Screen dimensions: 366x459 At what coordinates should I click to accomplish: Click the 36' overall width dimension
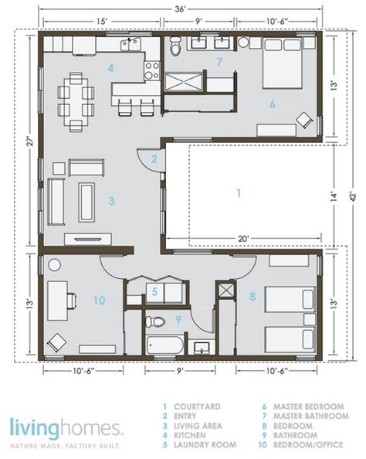coord(181,9)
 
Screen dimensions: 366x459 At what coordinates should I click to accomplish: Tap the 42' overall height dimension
coord(353,196)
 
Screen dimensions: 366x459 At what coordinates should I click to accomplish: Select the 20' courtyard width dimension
coord(242,239)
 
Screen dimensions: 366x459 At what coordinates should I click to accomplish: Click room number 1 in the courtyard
coord(239,193)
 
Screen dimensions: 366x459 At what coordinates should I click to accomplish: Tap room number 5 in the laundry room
coord(154,291)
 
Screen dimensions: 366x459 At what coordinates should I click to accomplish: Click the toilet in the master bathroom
coord(175,46)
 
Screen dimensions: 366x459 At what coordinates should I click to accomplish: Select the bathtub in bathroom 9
coord(164,345)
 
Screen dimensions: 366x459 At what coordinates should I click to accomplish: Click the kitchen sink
coord(130,45)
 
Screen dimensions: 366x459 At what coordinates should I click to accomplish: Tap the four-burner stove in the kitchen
coord(152,71)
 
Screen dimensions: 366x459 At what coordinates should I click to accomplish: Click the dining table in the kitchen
coord(76,101)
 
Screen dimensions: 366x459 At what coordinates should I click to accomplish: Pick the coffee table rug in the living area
coord(86,202)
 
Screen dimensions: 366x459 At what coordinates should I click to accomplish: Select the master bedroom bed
coord(283,63)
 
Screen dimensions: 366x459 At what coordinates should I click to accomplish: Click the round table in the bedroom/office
coord(54,265)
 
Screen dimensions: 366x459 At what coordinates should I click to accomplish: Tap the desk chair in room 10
coord(71,301)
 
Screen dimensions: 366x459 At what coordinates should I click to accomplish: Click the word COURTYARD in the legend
coord(197,406)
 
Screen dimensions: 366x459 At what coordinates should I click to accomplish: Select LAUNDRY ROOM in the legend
coord(205,444)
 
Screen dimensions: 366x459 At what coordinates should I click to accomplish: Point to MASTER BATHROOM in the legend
coord(311,416)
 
